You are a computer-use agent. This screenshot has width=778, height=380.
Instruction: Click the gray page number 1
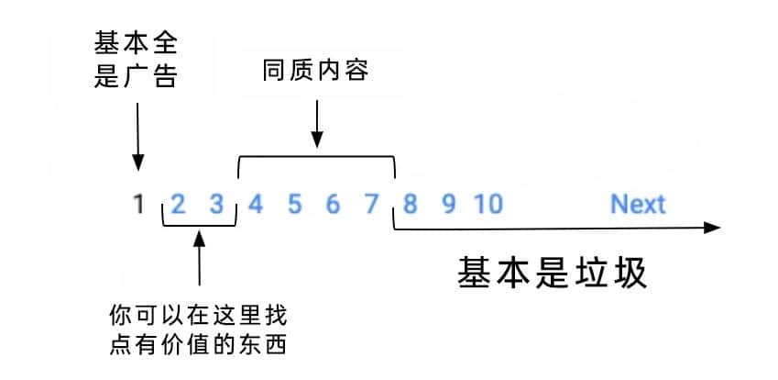click(139, 204)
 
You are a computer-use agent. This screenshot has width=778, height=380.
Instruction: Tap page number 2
click(178, 204)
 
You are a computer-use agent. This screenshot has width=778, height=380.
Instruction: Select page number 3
click(217, 204)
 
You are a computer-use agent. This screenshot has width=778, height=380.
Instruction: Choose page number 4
click(256, 204)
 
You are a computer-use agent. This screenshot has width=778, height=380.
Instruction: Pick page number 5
click(295, 204)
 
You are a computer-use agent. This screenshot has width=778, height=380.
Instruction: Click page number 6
click(333, 204)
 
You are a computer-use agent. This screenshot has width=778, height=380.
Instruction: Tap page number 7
click(372, 204)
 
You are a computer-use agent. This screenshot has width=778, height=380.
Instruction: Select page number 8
click(410, 204)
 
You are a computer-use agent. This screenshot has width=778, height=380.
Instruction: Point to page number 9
click(448, 204)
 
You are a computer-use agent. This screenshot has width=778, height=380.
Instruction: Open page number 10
click(488, 204)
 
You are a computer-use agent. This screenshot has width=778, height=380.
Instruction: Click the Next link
click(638, 204)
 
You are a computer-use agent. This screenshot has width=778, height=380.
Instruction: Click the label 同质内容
click(316, 71)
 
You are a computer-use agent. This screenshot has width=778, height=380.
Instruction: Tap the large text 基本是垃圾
click(553, 273)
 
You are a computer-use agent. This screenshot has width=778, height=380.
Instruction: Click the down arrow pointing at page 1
click(138, 137)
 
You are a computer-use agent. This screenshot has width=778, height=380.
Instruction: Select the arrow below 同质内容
click(317, 124)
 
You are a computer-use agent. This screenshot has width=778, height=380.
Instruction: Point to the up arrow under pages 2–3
click(199, 258)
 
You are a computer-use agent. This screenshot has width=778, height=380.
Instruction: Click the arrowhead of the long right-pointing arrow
click(712, 228)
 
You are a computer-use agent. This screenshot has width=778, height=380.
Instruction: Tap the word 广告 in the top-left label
click(150, 76)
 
